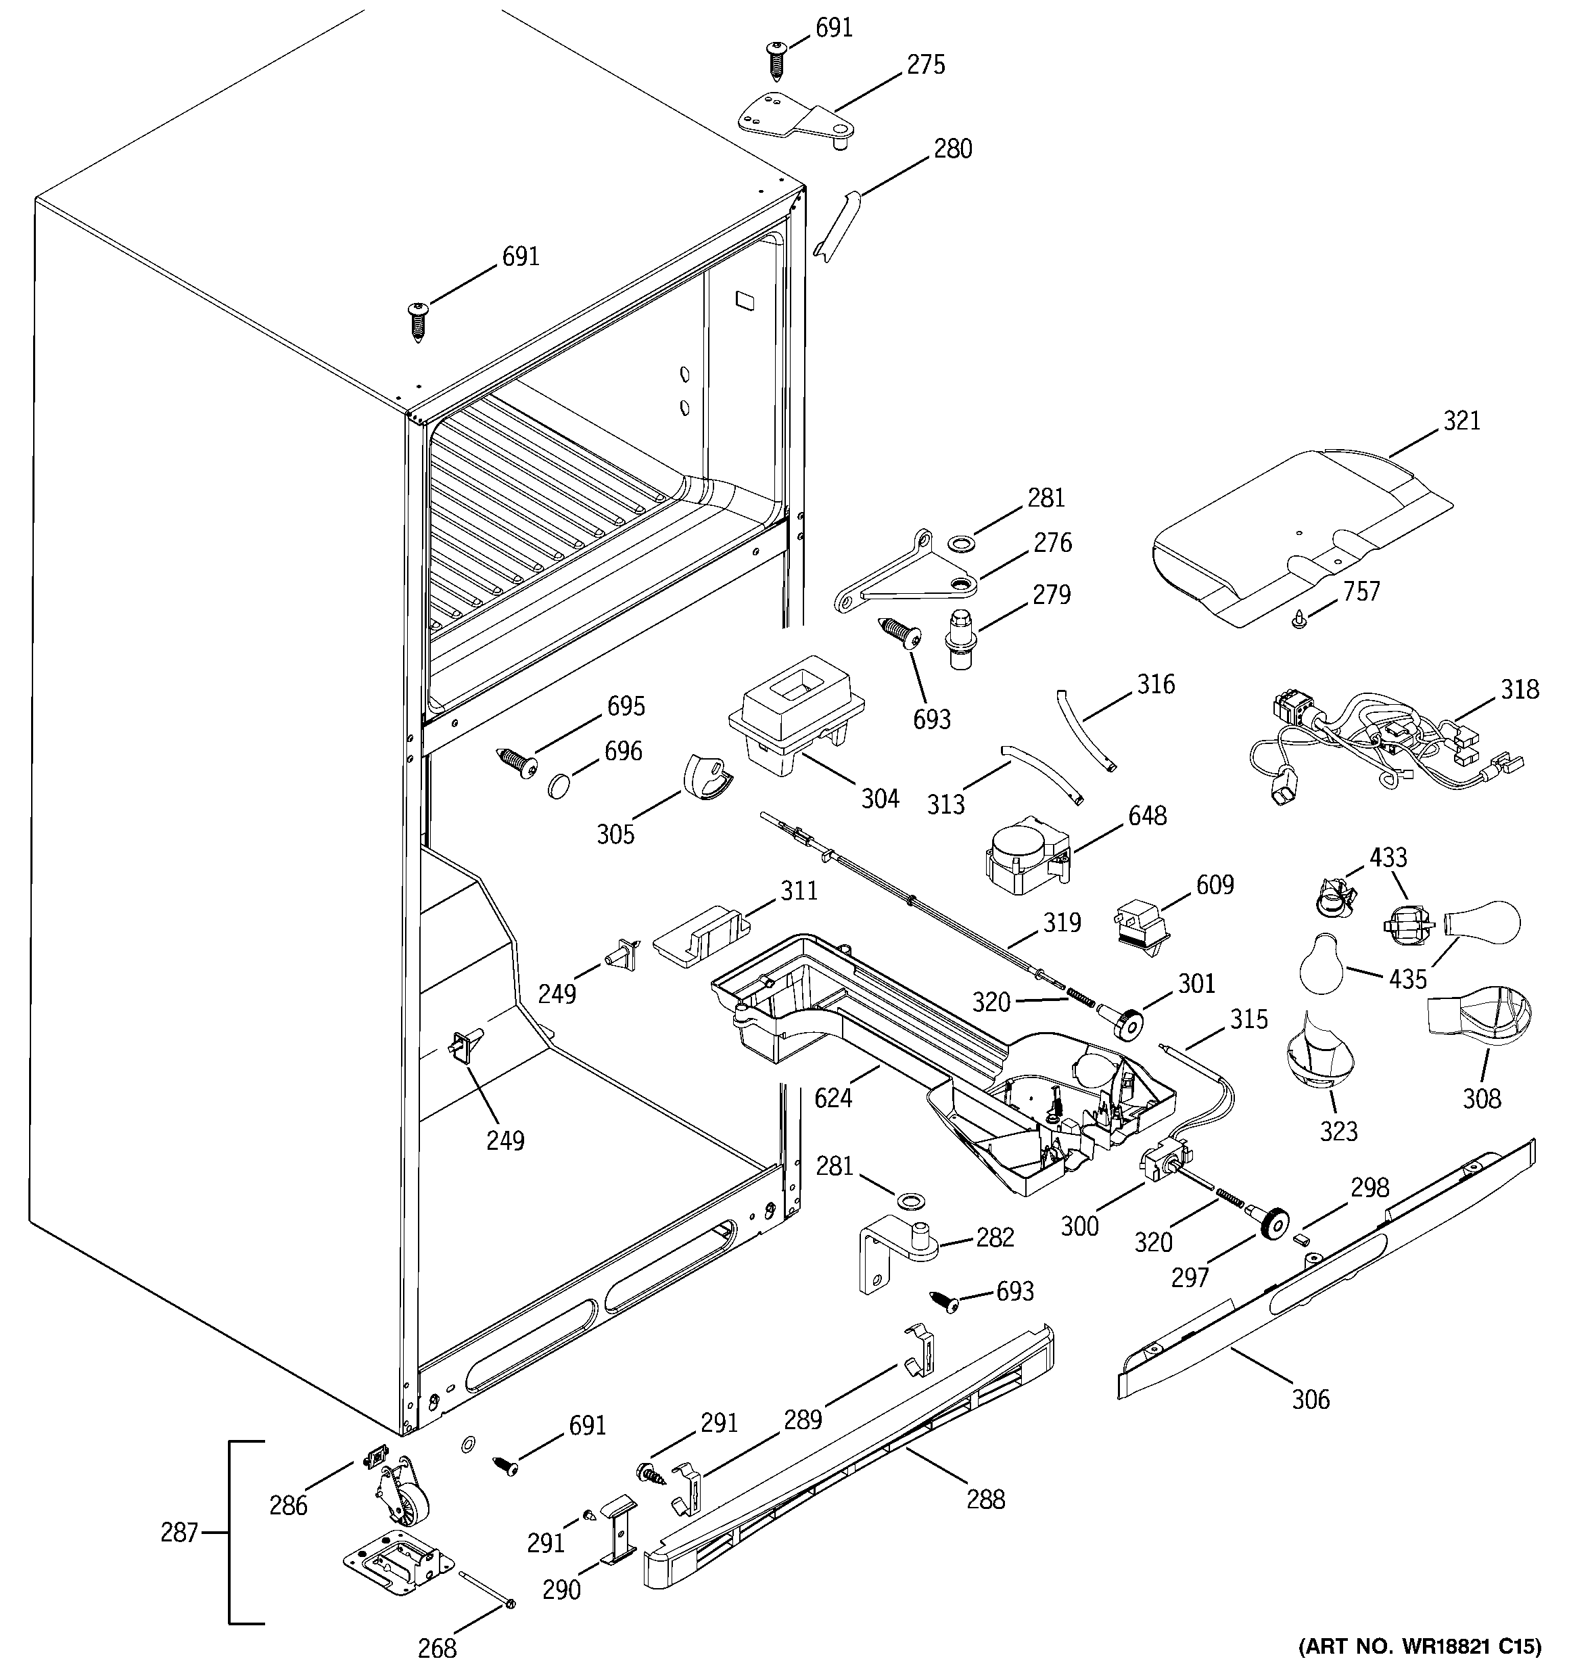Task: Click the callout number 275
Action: [926, 65]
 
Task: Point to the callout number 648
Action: [1147, 815]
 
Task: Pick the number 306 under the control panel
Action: [1311, 1399]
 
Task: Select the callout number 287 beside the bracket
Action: [179, 1533]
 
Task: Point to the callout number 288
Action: [985, 1499]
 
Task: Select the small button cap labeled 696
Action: [559, 787]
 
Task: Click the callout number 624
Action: [833, 1097]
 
